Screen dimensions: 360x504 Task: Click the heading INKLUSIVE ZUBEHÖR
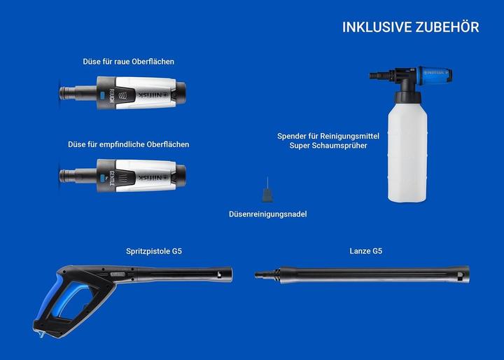[x=410, y=27]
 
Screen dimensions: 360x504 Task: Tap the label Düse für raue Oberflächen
[x=129, y=62]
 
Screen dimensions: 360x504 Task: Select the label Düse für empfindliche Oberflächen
[x=129, y=144]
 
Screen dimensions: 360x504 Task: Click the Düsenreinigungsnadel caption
[x=267, y=214]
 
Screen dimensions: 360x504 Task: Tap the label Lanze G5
[x=366, y=251]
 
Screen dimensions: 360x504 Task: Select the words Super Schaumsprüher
[x=328, y=146]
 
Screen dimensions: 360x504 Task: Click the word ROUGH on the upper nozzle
[x=111, y=96]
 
